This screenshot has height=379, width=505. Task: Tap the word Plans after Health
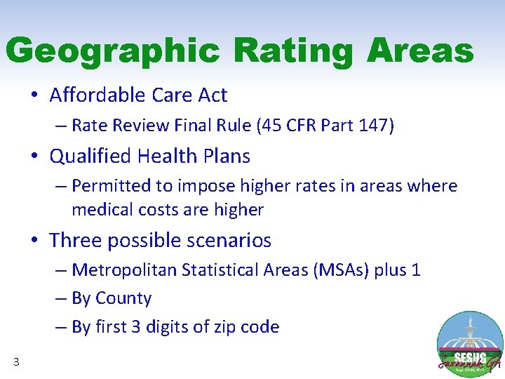(x=225, y=156)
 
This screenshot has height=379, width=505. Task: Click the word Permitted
(x=109, y=186)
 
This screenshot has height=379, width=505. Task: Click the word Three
(x=72, y=240)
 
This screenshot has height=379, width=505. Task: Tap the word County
(x=127, y=298)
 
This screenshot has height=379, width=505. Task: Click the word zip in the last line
(x=221, y=327)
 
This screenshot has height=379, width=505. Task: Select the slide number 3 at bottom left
(x=16, y=362)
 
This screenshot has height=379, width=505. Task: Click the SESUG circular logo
(x=469, y=345)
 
